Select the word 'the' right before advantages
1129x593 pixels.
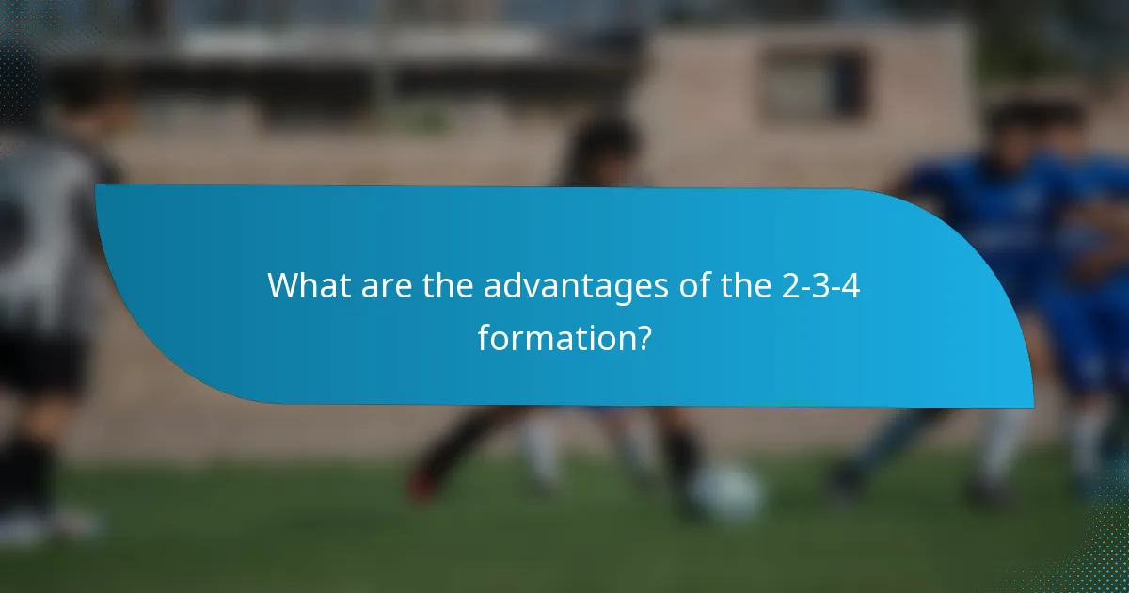tap(448, 286)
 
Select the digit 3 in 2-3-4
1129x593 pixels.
tap(819, 286)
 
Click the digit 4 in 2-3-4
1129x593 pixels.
tap(849, 286)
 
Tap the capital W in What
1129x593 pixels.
tap(283, 286)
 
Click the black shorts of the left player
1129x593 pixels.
tap(42, 362)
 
